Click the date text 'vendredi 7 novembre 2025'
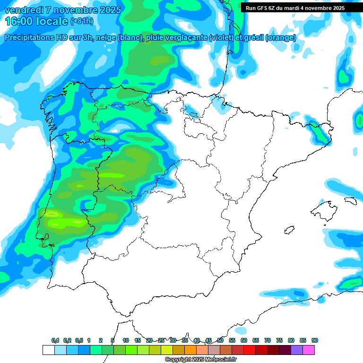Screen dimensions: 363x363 point(62,10)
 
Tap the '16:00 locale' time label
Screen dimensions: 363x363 point(36,21)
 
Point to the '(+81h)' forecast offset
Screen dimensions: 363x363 point(82,21)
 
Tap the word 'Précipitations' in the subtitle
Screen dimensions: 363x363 point(29,38)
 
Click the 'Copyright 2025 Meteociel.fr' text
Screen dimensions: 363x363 point(201,360)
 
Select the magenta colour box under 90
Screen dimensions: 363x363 point(309,350)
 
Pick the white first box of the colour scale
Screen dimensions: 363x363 point(48,350)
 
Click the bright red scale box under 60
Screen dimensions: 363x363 point(250,350)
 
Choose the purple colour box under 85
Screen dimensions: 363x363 point(297,350)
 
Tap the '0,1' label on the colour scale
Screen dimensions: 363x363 point(55,341)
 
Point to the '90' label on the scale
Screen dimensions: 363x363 point(315,341)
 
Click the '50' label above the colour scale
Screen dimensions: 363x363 point(220,341)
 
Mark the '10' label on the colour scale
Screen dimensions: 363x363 point(126,341)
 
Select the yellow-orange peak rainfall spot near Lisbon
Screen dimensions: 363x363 point(52,214)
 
